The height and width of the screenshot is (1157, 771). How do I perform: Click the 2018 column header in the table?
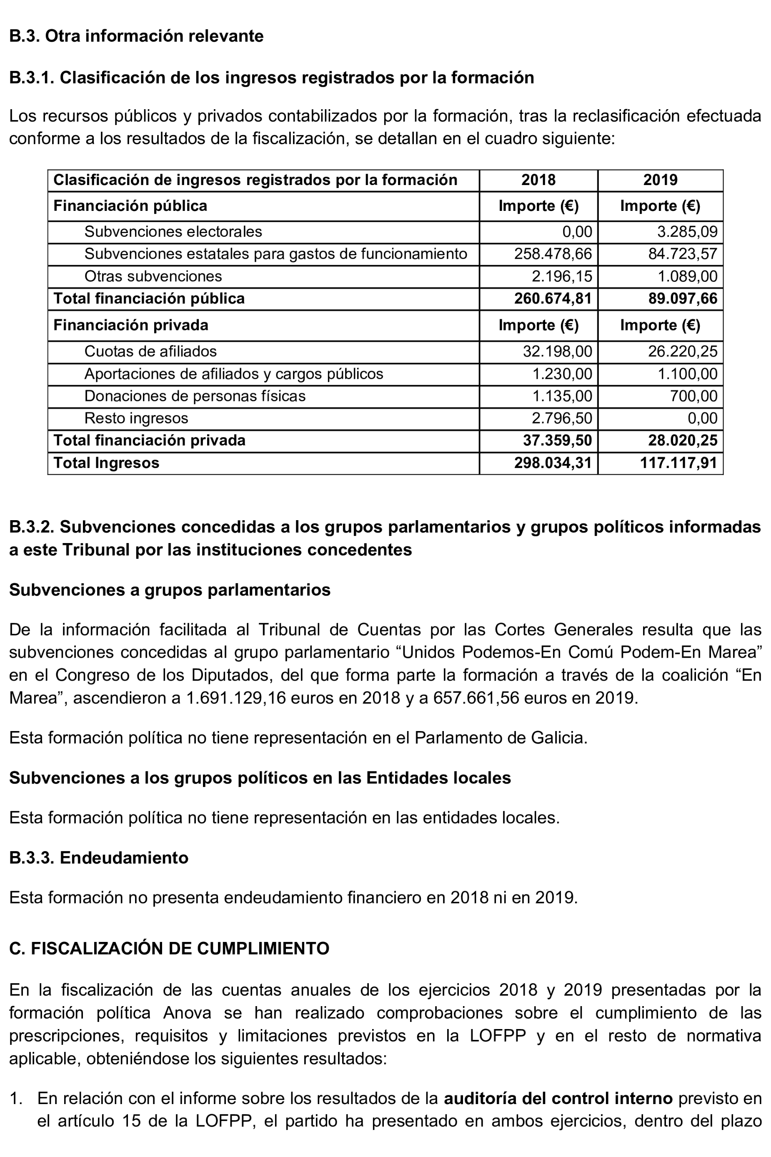538,180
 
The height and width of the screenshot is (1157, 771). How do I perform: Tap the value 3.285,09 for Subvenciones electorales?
687,232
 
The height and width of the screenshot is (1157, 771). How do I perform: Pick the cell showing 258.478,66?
553,254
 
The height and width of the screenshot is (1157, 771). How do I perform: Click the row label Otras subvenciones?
153,276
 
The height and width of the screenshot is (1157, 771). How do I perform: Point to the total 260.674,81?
553,298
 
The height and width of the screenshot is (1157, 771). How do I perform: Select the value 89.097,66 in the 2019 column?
683,298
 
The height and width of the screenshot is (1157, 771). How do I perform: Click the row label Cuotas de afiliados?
150,351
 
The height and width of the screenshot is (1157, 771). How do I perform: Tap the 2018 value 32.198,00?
557,351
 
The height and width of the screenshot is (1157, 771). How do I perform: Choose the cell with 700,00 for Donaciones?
693,396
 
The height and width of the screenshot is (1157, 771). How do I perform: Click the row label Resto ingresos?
136,418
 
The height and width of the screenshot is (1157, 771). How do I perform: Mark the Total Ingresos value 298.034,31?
553,463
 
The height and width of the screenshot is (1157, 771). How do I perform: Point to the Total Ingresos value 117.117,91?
678,463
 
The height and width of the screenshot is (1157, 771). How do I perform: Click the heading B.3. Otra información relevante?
136,36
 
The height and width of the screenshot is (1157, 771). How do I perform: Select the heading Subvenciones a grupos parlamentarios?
170,590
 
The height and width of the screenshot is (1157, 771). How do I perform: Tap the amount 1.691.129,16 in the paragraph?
235,698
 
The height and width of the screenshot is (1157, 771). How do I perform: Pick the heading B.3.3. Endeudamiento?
99,858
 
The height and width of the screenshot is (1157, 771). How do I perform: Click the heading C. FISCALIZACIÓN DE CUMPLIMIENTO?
169,948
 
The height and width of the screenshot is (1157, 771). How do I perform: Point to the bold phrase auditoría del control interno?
558,1098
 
